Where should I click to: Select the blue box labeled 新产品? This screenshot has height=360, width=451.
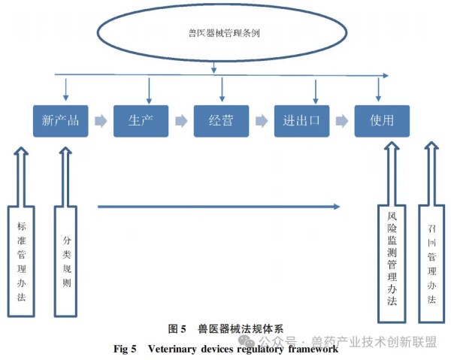pos(61,120)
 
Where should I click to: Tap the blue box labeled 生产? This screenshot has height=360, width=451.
pos(141,120)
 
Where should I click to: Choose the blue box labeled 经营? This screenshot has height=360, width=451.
pos(221,120)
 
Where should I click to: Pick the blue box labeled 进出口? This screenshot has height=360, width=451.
pos(301,120)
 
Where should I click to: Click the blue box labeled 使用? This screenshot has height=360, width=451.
pos(382,120)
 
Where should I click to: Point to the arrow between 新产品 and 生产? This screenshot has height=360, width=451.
pos(101,120)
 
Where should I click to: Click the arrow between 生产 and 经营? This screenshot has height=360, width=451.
pos(181,120)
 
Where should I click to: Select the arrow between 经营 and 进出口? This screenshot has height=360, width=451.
pos(262,120)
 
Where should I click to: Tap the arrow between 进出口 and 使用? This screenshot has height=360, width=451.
pos(342,120)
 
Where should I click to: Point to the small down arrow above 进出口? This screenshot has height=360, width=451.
pos(316,89)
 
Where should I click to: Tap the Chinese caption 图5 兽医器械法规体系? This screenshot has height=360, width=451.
pos(225,328)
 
